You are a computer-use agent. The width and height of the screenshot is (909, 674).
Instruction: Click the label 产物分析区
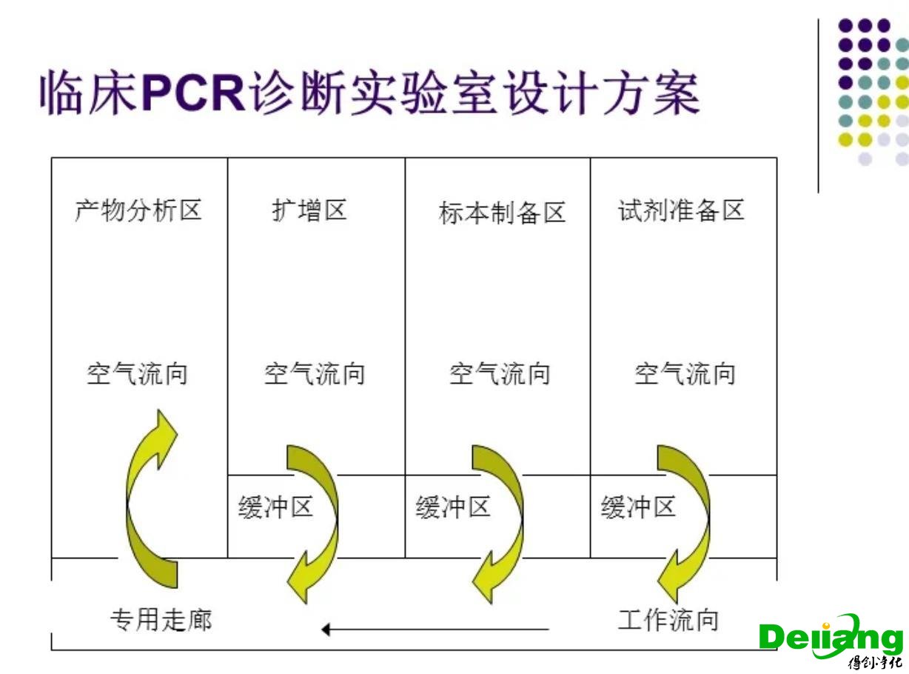click(138, 211)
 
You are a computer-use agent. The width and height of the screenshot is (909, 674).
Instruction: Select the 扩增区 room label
click(309, 211)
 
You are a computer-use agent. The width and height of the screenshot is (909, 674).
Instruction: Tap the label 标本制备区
click(502, 213)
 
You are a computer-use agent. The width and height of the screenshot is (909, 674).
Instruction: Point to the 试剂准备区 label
click(681, 211)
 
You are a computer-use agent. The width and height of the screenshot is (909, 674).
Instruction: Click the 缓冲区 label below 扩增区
click(275, 508)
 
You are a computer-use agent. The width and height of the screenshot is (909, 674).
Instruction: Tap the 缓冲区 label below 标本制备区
click(453, 508)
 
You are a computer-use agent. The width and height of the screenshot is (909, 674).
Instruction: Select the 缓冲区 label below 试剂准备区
click(638, 508)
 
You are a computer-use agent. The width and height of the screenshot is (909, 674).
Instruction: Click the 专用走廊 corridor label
click(161, 619)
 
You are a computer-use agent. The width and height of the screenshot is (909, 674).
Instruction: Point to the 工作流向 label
click(668, 619)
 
